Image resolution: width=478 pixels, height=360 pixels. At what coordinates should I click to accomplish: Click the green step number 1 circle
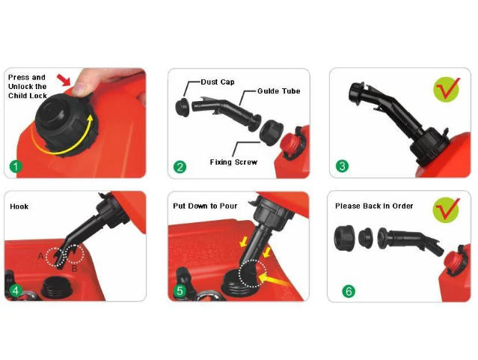16,167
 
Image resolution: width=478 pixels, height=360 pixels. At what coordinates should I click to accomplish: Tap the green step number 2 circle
180,167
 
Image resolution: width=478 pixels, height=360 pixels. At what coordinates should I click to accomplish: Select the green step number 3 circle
342,166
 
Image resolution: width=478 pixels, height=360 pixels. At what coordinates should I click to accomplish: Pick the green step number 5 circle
180,290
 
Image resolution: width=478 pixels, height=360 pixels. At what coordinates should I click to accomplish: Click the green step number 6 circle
349,291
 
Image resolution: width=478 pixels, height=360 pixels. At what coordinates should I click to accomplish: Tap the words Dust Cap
218,82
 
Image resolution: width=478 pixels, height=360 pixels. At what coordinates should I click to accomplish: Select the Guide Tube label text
278,91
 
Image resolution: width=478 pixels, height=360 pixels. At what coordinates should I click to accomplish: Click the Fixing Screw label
233,162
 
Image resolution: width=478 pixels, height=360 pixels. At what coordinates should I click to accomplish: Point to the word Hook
19,207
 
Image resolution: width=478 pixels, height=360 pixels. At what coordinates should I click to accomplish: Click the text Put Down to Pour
205,206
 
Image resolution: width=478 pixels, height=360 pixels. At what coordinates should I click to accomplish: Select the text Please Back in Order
374,206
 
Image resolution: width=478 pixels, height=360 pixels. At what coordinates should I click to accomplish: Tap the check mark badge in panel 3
447,89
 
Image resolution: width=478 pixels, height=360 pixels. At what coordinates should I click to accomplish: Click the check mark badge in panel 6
446,210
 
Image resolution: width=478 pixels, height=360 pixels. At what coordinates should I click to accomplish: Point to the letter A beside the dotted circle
41,256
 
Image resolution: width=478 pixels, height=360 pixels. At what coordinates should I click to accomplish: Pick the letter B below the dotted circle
74,269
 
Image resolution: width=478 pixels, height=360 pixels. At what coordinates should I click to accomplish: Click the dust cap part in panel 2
183,106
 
